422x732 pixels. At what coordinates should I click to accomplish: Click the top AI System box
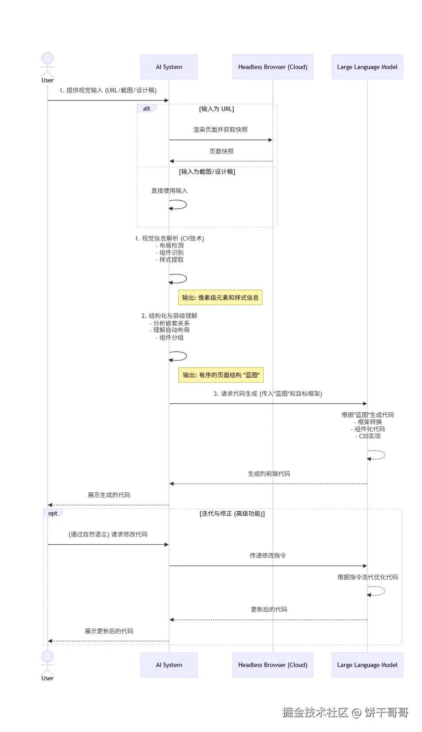[x=169, y=67]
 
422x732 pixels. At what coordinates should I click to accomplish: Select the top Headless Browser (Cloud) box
[x=272, y=67]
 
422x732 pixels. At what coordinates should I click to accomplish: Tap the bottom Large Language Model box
[x=367, y=665]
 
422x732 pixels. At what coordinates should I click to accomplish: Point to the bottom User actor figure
[x=47, y=663]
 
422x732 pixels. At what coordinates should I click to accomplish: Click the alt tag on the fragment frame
[x=146, y=108]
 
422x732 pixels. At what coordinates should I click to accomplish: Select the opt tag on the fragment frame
[x=53, y=513]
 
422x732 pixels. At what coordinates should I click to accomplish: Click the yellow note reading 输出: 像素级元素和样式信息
[x=220, y=298]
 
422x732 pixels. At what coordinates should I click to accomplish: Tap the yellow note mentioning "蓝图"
[x=221, y=375]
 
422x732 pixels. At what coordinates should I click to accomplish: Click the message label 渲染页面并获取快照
[x=220, y=130]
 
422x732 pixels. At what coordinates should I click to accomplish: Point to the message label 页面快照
[x=221, y=151]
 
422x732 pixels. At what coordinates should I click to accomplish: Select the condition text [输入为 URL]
[x=216, y=109]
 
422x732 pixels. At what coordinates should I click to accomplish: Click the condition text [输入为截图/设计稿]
[x=207, y=172]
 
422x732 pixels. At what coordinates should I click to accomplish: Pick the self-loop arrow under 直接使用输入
[x=179, y=205]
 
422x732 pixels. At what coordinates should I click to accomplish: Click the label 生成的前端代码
[x=269, y=474]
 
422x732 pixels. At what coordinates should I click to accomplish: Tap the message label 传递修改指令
[x=268, y=556]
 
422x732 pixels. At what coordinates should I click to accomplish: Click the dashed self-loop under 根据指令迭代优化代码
[x=377, y=591]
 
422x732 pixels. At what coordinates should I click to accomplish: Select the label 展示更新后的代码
[x=109, y=631]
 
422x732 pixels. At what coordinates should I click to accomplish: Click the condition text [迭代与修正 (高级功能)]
[x=232, y=514]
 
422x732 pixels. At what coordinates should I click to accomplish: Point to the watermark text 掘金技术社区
[x=315, y=712]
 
